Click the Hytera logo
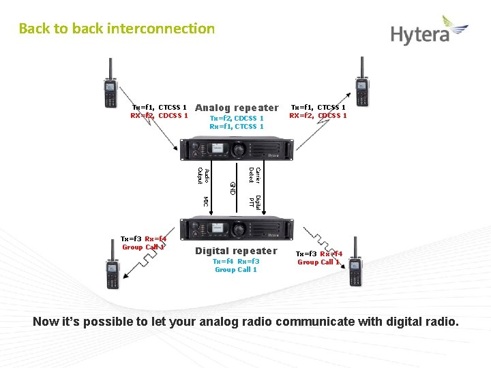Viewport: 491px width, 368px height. [429, 31]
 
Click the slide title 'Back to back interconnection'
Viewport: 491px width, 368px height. [117, 29]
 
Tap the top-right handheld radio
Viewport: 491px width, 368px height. [361, 83]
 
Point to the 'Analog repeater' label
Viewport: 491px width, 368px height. [237, 108]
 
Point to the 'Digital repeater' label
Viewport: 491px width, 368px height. [236, 251]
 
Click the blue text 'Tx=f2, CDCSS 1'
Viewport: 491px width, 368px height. [237, 119]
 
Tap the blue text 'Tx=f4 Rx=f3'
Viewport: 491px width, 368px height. [236, 261]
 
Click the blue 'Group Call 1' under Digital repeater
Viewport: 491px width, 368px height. [236, 270]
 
